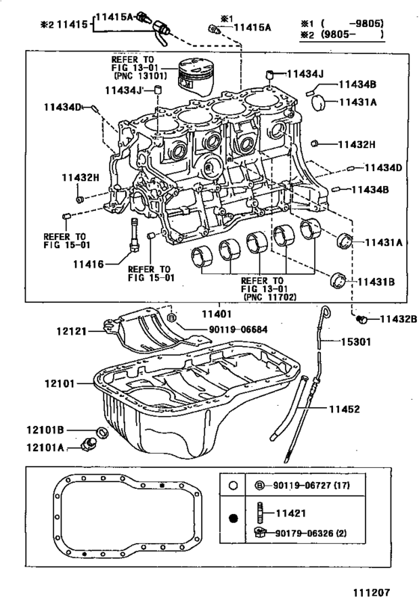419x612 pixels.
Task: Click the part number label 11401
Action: (x=216, y=313)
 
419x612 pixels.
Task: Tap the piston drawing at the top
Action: (x=195, y=76)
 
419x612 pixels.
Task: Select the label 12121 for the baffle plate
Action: (x=71, y=331)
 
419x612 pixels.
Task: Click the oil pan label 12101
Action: (x=59, y=383)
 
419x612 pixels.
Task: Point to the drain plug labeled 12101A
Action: (x=88, y=444)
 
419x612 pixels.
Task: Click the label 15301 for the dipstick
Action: (x=355, y=342)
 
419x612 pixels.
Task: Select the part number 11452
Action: (x=344, y=409)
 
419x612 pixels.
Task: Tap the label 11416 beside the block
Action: (x=89, y=265)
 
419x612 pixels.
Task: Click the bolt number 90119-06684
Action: (x=238, y=330)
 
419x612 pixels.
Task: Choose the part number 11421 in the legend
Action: (x=290, y=513)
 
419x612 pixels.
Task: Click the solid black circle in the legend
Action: (x=233, y=519)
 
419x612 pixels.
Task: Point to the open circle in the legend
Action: (x=233, y=486)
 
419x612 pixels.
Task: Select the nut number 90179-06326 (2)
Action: (x=311, y=533)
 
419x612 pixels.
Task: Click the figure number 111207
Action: (x=372, y=593)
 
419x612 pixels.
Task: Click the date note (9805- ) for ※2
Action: (x=352, y=34)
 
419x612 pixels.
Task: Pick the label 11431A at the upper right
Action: (x=358, y=102)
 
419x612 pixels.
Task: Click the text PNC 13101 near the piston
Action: (x=141, y=75)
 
